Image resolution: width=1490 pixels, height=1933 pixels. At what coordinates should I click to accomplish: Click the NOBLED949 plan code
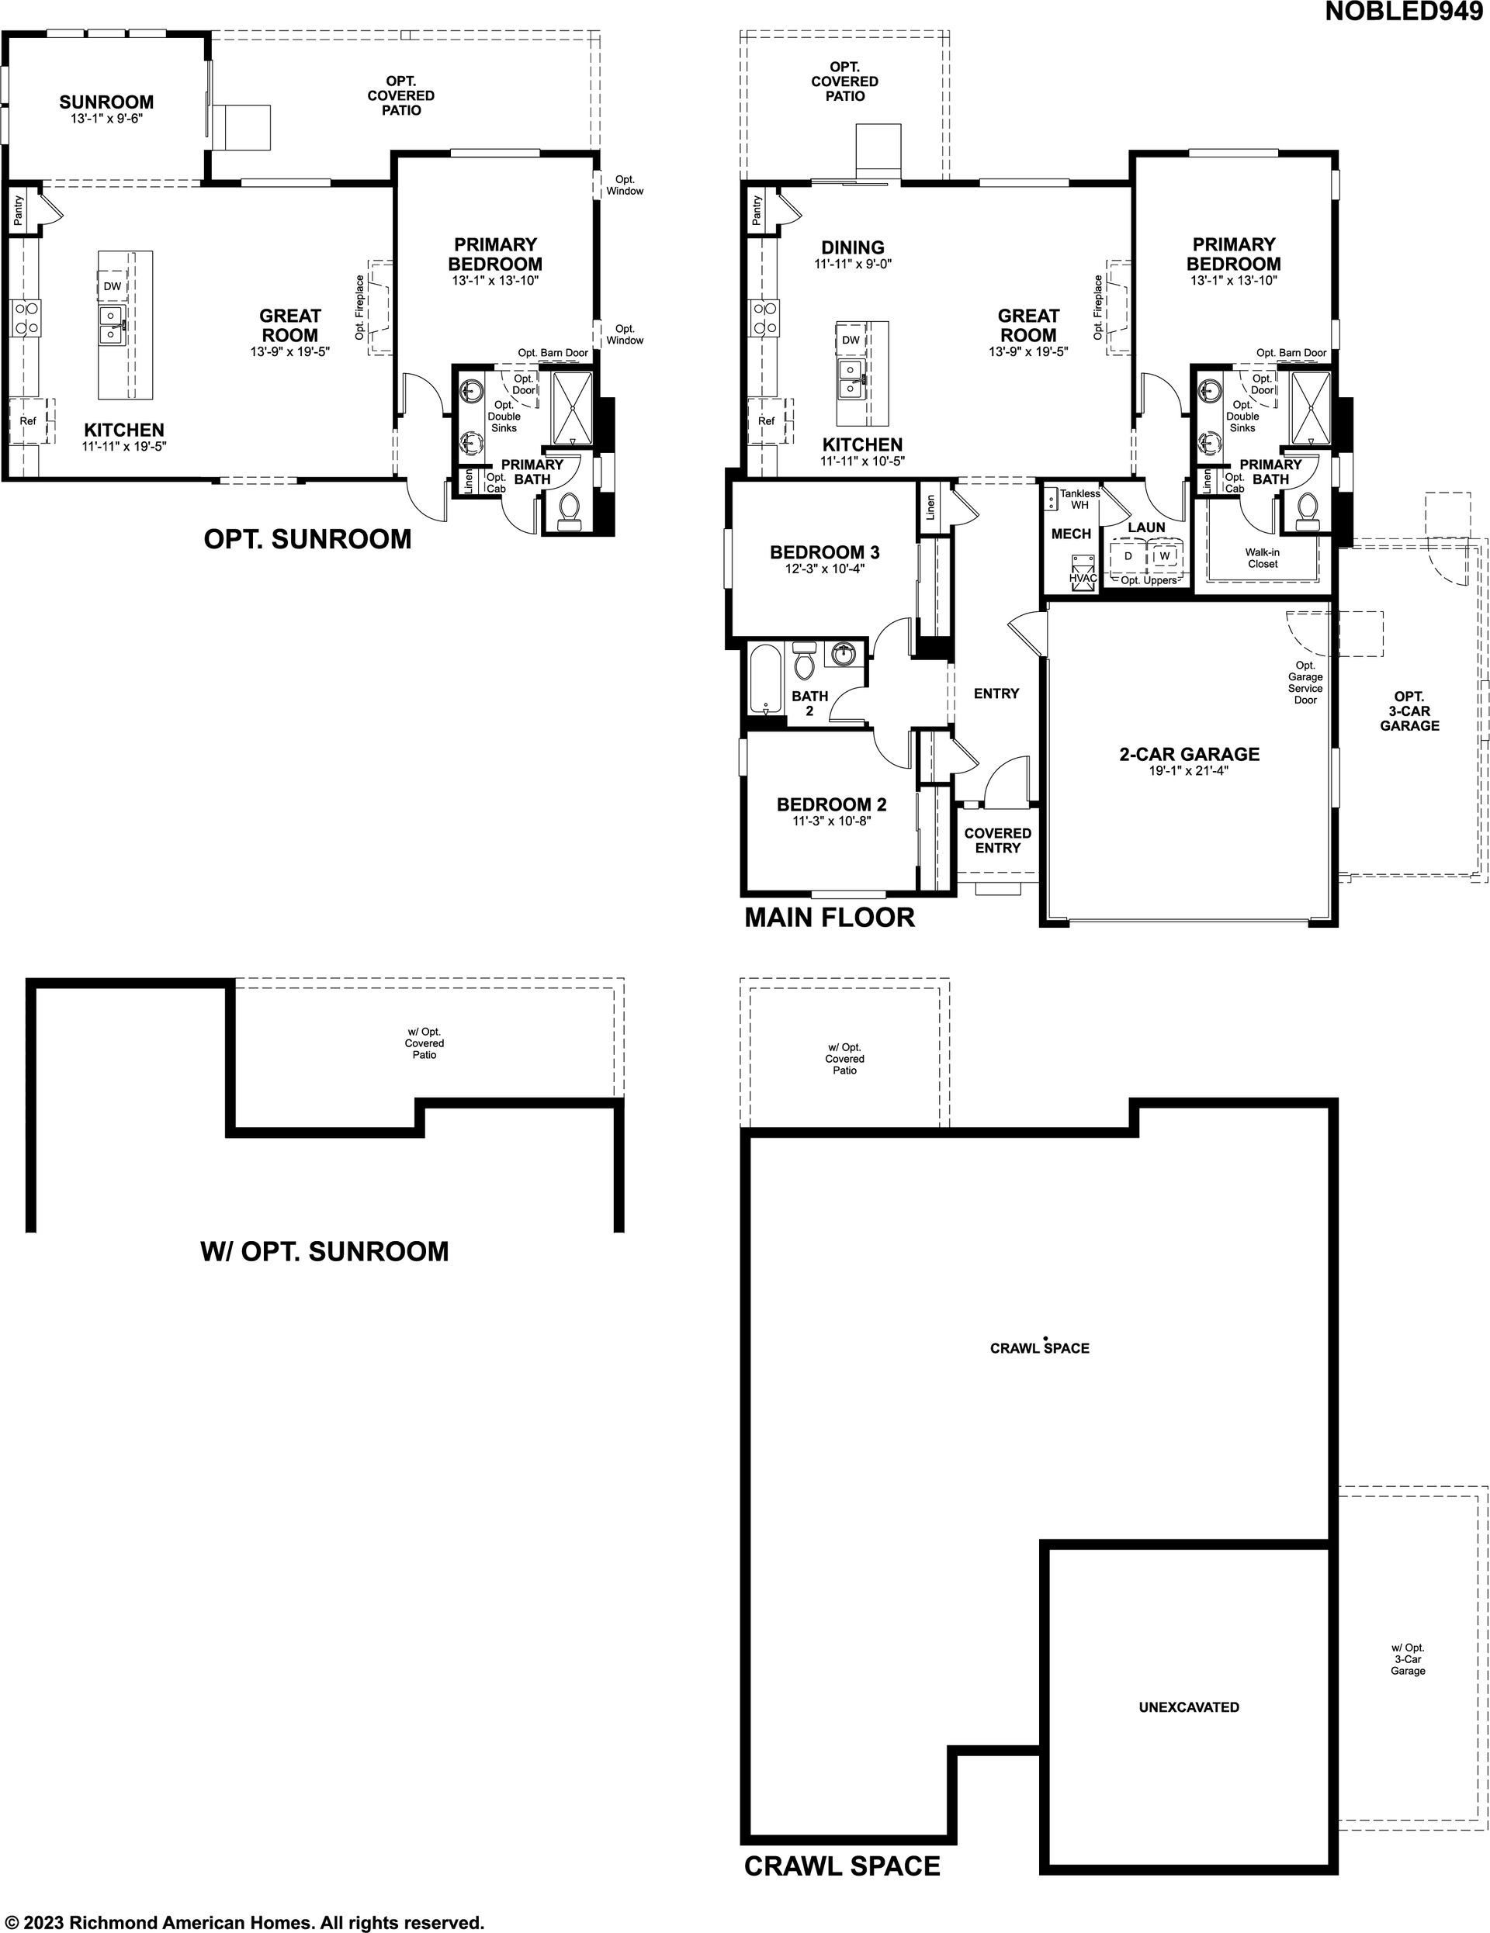(1404, 12)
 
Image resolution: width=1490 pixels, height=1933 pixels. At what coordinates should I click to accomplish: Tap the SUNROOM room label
(106, 102)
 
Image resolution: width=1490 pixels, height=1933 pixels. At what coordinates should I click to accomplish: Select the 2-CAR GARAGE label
(1189, 754)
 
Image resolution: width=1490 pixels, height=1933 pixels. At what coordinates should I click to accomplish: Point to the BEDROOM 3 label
(824, 552)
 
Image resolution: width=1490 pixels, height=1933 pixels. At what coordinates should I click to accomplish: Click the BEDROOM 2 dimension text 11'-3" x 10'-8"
(831, 821)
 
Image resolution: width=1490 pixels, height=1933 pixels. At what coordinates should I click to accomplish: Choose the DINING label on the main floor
(853, 247)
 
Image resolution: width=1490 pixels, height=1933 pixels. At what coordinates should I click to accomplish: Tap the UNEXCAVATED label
(1189, 1707)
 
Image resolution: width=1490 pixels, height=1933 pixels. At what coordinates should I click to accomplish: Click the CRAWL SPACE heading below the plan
(842, 1866)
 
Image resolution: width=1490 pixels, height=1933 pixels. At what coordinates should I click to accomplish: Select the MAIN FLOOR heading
(830, 918)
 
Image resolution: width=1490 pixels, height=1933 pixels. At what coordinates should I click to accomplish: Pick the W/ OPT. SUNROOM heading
(325, 1251)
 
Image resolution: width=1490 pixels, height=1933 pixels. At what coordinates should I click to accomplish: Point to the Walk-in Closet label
(1263, 558)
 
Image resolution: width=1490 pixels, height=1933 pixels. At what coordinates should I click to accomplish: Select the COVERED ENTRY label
(998, 841)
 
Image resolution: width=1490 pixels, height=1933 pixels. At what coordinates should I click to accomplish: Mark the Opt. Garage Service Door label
(1305, 683)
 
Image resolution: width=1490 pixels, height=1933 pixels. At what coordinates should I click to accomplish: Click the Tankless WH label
(1080, 500)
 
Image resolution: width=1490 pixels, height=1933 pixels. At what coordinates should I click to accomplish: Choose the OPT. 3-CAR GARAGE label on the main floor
(1409, 711)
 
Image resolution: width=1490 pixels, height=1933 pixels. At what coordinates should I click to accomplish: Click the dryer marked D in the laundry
(1128, 557)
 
